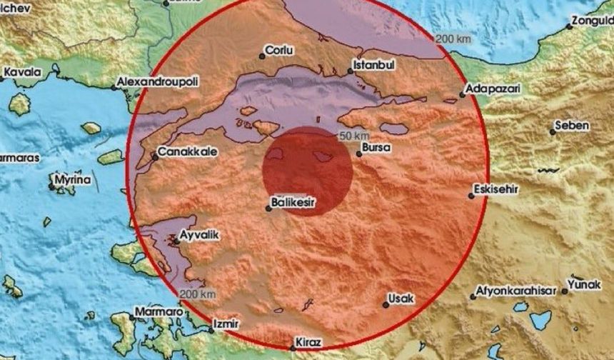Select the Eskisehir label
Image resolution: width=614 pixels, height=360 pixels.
tap(495, 191)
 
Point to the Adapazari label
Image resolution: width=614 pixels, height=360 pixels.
tap(490, 89)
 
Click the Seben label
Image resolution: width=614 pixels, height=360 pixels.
tap(574, 126)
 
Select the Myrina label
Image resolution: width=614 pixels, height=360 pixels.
tap(74, 181)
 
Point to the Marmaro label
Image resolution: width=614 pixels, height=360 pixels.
tap(155, 312)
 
